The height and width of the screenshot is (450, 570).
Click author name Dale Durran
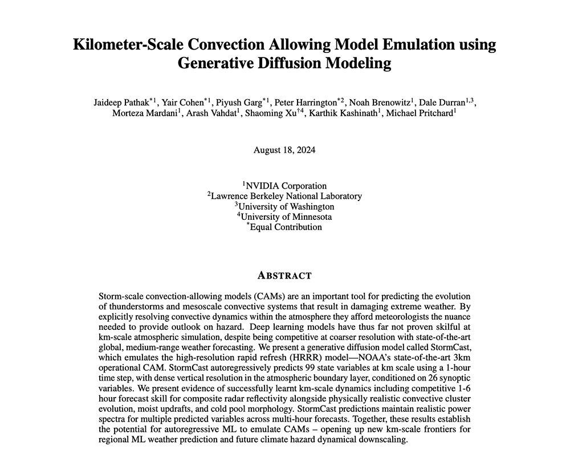[x=447, y=103]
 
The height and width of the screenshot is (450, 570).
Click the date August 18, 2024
[x=284, y=150]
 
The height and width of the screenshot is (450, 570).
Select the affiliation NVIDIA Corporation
[x=286, y=186]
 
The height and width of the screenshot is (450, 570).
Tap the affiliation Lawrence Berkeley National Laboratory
[x=286, y=196]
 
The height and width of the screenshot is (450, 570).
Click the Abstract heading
[x=284, y=276]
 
